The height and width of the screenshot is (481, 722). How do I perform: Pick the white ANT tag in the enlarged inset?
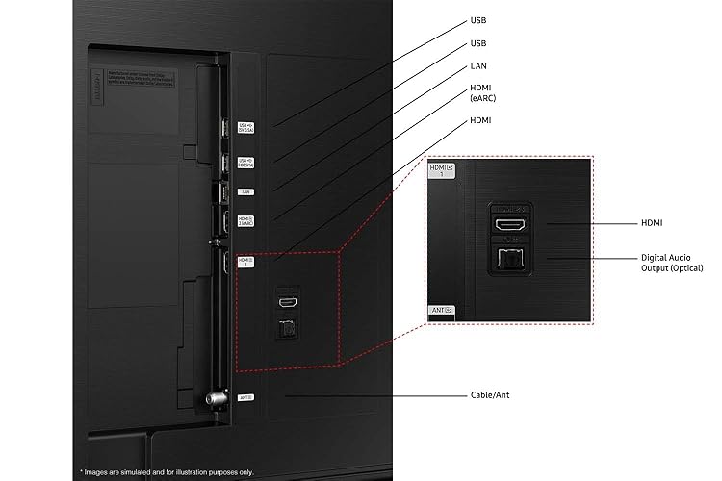(x=440, y=311)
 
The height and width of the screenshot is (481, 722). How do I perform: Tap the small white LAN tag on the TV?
(x=245, y=191)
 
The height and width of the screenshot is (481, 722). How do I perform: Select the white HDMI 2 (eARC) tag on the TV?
(x=245, y=220)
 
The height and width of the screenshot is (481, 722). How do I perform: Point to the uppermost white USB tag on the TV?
(x=245, y=127)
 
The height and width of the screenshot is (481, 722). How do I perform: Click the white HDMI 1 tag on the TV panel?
(x=245, y=261)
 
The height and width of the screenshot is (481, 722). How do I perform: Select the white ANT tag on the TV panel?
(x=245, y=395)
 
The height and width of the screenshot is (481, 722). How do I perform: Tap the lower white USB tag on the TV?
(x=245, y=162)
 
